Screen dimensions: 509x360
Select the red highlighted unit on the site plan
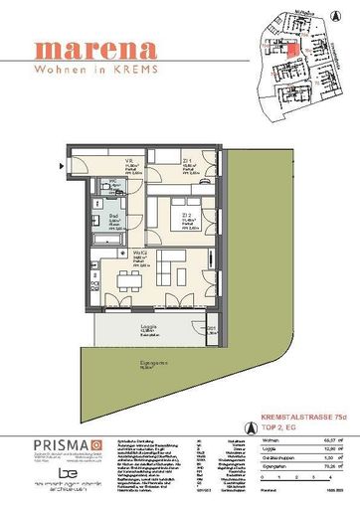click(294, 50)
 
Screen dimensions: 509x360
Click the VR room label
click(128, 162)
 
